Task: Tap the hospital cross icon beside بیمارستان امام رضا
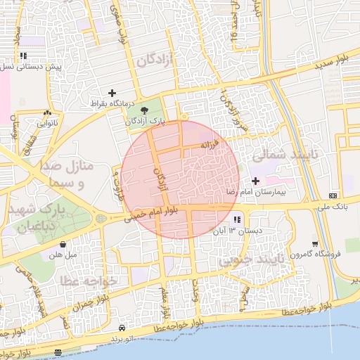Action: point(255,181)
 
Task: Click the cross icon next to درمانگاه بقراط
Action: point(112,93)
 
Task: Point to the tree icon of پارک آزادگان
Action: point(145,110)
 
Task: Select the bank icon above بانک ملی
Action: point(333,195)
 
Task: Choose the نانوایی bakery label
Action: point(47,123)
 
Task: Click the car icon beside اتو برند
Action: point(123,328)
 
